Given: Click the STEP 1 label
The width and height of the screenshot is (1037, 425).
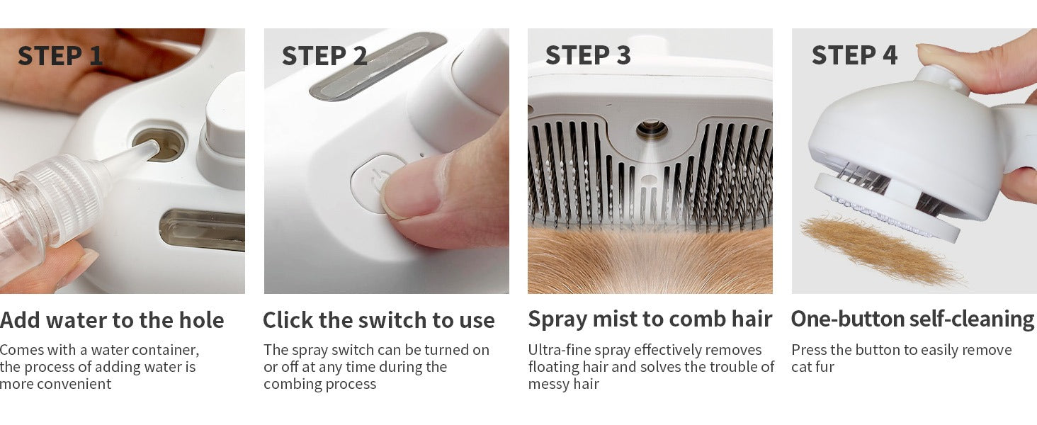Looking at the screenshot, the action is [x=60, y=56].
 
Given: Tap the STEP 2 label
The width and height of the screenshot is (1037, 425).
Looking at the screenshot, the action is [x=324, y=56].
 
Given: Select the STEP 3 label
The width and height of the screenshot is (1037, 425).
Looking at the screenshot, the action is [x=588, y=55].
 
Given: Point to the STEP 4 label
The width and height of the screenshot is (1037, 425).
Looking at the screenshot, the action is [x=854, y=55].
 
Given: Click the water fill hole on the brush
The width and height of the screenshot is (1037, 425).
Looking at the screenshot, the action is [x=159, y=144].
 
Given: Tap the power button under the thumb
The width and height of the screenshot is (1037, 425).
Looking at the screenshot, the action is [x=375, y=183].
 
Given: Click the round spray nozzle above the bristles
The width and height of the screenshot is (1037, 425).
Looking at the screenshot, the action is [x=652, y=130].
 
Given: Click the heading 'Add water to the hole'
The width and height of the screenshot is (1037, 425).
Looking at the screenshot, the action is [x=112, y=320].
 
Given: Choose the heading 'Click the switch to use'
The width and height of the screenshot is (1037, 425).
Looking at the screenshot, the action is [x=379, y=320].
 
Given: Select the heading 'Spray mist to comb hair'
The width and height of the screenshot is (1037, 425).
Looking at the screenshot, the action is [x=650, y=319].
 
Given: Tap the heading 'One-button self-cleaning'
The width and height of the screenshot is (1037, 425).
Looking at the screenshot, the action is [x=912, y=319].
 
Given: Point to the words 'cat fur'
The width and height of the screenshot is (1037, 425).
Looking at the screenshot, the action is [x=812, y=367].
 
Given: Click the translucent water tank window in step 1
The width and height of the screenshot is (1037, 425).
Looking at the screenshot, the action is [x=203, y=230].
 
